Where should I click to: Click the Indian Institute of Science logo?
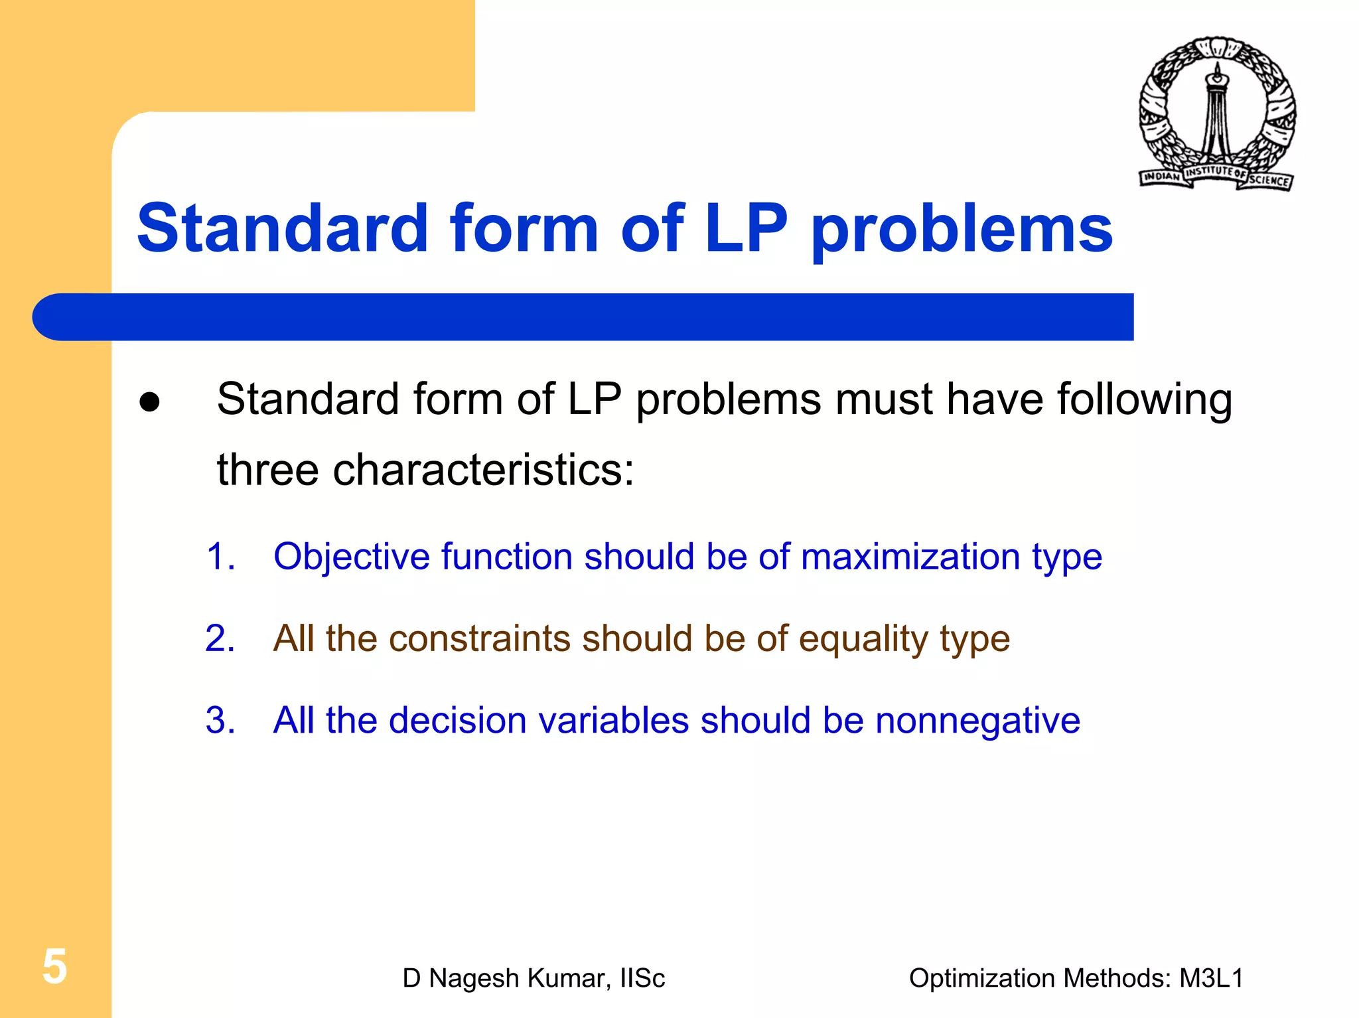point(1217,114)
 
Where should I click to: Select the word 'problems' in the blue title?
point(962,230)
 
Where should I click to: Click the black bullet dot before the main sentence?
point(150,402)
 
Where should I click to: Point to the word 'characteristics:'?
point(483,470)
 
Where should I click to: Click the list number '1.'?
point(220,556)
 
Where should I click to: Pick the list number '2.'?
point(220,638)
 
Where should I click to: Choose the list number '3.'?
point(220,720)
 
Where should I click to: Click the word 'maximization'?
point(910,556)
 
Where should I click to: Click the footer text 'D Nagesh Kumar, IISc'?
point(534,978)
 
